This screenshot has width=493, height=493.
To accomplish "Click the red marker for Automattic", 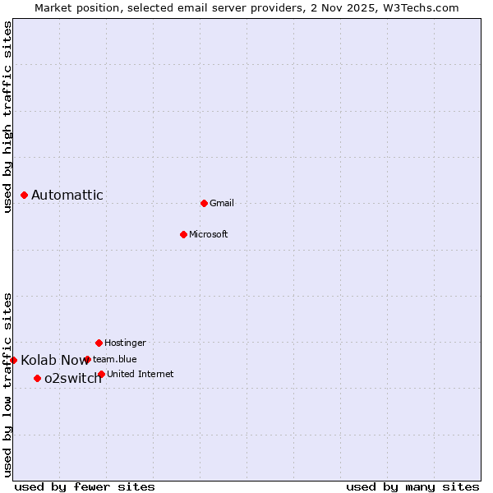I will click(x=25, y=195).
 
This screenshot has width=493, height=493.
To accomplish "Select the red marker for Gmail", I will click(x=204, y=203).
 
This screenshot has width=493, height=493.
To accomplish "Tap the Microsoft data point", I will click(x=183, y=234).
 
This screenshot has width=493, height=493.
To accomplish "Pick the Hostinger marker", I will click(x=99, y=343).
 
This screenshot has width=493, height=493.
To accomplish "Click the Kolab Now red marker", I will click(x=13, y=360).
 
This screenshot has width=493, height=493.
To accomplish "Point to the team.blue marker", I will click(x=87, y=359).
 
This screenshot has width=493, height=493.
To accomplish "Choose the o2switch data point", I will click(x=37, y=378).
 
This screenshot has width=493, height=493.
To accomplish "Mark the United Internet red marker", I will click(x=101, y=374).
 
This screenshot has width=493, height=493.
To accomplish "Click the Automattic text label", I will click(x=67, y=195).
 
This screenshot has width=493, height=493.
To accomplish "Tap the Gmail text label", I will click(x=222, y=203).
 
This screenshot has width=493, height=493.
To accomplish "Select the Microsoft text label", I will click(x=209, y=234).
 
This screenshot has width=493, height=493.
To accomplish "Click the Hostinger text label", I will click(x=125, y=343).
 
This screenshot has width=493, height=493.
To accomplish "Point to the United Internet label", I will click(x=141, y=374).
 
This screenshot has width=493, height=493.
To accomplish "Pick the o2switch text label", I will click(x=73, y=378).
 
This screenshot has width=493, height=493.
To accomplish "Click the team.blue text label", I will click(x=115, y=359).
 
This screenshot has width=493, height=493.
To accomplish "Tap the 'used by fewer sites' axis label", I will click(x=85, y=486).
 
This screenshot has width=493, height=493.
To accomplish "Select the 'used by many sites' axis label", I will click(x=412, y=486).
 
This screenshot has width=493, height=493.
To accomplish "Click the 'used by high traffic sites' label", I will click(x=7, y=117).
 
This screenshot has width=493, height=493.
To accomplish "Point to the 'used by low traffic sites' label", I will click(x=7, y=385).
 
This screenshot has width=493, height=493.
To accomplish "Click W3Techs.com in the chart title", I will click(x=419, y=7).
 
